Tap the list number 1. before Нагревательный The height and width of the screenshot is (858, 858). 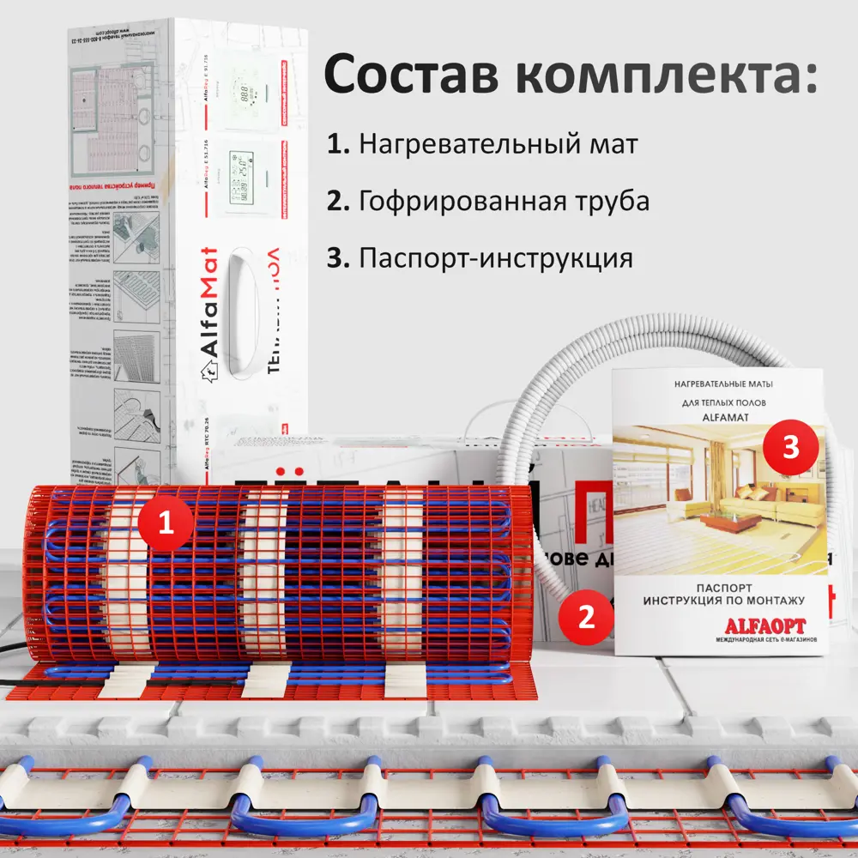[338, 144]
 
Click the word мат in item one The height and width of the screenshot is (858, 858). [613, 145]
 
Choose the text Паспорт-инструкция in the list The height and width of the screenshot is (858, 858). [496, 258]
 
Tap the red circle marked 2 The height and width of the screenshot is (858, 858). [586, 617]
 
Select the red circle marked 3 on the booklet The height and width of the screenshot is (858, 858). [790, 446]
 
